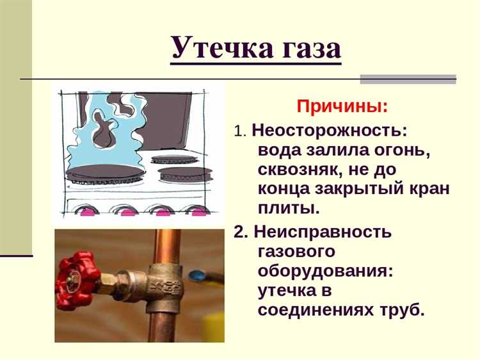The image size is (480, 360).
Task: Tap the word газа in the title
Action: point(306,48)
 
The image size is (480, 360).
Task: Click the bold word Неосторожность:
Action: point(329,130)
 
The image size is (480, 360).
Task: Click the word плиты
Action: point(287,209)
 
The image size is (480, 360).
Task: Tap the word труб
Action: point(404,310)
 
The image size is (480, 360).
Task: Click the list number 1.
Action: point(239,131)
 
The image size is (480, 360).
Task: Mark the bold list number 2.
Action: point(240,232)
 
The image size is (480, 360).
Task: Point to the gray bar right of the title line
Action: point(408,79)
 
